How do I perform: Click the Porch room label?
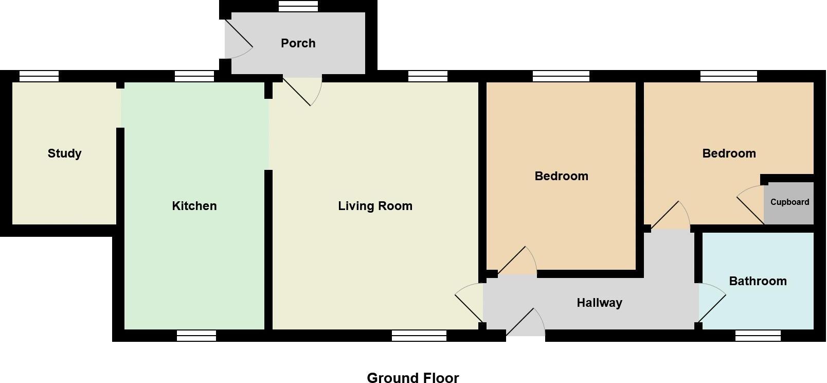298,43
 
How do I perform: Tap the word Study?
64,153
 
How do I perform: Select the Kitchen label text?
194,206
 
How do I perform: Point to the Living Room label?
375,206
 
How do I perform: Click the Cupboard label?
789,202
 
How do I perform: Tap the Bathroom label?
758,281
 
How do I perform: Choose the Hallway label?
599,303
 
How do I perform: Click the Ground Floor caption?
412,378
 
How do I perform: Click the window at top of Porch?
298,6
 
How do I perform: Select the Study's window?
39,76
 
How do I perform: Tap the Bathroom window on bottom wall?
758,336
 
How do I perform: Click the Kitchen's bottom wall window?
196,336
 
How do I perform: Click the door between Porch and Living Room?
301,91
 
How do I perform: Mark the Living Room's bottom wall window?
419,336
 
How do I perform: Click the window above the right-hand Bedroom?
729,76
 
